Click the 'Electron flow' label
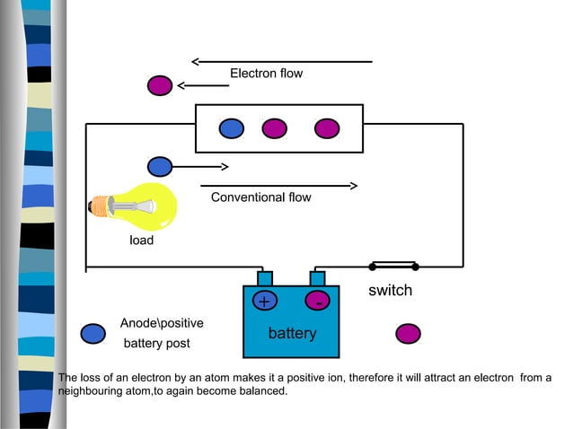tap(266, 74)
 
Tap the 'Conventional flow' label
tap(260, 197)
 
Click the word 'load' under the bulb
tap(142, 241)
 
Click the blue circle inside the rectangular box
tap(231, 128)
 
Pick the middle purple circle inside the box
tap(274, 128)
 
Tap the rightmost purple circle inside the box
tap(326, 128)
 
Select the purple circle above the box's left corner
tap(160, 85)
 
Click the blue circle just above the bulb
tap(160, 166)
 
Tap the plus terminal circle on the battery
tap(265, 302)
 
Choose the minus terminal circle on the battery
tap(318, 302)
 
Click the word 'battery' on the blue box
tap(292, 334)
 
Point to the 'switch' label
tap(390, 291)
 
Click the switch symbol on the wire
tap(393, 266)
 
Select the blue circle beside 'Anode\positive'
tap(93, 334)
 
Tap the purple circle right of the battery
tap(408, 334)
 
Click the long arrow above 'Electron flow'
tap(282, 62)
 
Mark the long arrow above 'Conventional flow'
tap(279, 186)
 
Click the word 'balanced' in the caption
tap(260, 391)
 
